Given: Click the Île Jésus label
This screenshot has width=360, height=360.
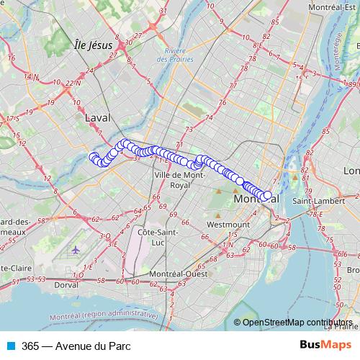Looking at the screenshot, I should [x=93, y=45].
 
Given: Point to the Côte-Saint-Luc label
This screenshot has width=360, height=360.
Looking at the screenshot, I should [x=158, y=238].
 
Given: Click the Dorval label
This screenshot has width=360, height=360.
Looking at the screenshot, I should [x=66, y=285].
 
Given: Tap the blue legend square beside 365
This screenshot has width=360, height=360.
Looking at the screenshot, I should [x=10, y=345].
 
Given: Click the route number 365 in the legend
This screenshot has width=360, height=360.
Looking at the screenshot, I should [x=30, y=345].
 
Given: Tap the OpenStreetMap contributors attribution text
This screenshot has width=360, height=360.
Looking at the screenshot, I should [x=297, y=323].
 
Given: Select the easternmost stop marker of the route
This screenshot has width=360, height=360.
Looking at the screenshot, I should [x=268, y=195].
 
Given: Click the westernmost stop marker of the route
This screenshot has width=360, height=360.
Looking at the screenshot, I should [x=93, y=157].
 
